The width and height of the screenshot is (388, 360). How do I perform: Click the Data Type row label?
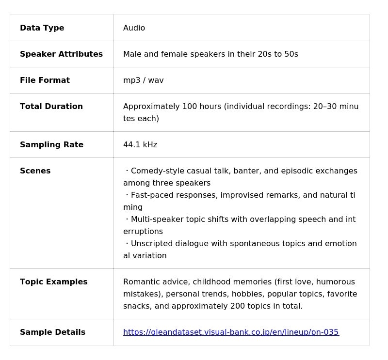pos(42,28)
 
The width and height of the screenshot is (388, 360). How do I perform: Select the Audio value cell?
pos(134,28)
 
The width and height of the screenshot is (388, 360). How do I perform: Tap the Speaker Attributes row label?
pos(61,54)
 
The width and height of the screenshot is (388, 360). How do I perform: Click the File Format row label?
pos(45,80)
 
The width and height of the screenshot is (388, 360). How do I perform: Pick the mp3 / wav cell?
pos(143,80)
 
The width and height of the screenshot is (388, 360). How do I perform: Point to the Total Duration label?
pos(51,107)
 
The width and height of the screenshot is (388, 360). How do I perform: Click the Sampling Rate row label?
pos(51,145)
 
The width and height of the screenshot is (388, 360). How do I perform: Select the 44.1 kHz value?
pos(140,145)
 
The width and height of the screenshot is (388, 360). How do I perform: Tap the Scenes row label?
pos(35,171)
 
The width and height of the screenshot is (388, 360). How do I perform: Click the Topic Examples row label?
pos(53,282)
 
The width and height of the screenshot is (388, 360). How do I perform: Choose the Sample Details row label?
pos(52,332)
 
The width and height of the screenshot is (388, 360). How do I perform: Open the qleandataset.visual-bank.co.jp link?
pos(230,332)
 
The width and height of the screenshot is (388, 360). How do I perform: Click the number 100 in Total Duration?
pos(189,107)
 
